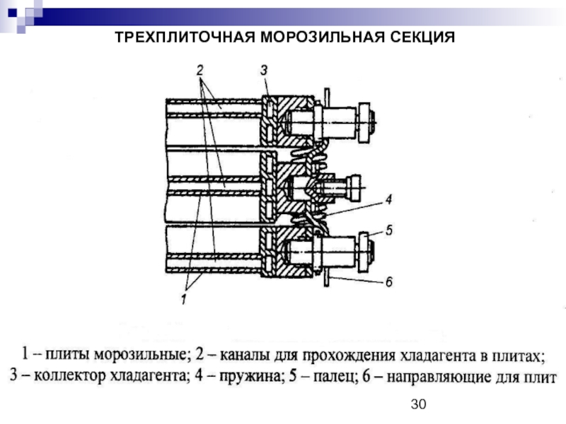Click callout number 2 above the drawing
click(x=200, y=70)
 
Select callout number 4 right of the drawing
click(x=388, y=199)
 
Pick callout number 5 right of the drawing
click(x=388, y=230)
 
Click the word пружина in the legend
click(x=244, y=377)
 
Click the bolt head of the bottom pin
click(x=366, y=250)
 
